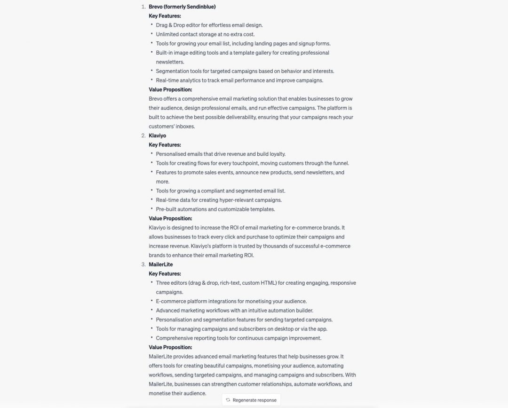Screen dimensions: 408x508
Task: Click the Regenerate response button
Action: tap(251, 400)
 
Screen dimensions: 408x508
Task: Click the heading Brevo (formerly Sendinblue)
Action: tap(182, 7)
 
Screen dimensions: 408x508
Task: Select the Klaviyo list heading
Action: tap(157, 136)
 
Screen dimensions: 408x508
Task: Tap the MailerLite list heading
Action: tap(160, 264)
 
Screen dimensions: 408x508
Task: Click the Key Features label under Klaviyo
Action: tap(165, 145)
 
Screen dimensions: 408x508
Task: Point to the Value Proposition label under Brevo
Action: tap(170, 89)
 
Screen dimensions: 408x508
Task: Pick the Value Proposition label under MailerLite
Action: tap(170, 347)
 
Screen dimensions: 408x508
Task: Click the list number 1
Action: tap(143, 7)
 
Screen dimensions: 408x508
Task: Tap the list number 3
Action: tap(143, 264)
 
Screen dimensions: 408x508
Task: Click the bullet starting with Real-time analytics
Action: tap(239, 80)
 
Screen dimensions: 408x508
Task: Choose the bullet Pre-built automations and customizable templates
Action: tap(215, 209)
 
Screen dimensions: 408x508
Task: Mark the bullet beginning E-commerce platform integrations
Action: tap(231, 301)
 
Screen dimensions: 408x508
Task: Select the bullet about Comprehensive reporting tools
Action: tap(238, 338)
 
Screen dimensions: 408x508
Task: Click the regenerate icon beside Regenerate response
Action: tap(228, 400)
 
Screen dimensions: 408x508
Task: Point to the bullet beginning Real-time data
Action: tap(219, 200)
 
